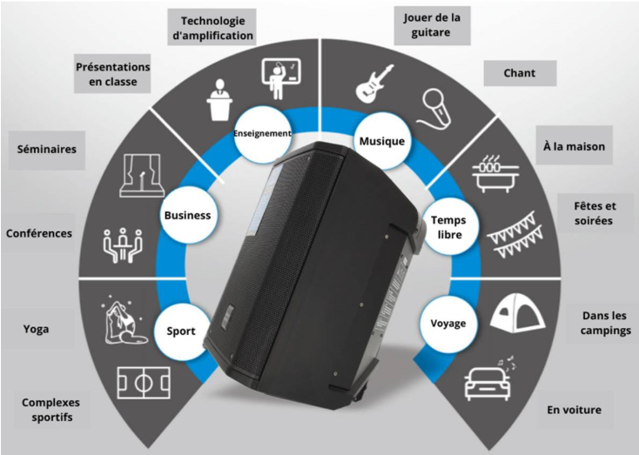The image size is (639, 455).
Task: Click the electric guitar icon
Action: click(374, 83)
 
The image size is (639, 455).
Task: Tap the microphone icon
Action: click(435, 107)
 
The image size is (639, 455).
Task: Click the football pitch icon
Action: click(144, 383)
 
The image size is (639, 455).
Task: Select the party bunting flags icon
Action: click(515, 235)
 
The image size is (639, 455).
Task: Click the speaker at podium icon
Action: click(219, 100)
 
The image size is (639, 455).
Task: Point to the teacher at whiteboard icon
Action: click(280, 78)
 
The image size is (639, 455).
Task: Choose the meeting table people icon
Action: click(122, 244)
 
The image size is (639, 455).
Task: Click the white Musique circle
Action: click(382, 141)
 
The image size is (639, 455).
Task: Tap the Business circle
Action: click(187, 215)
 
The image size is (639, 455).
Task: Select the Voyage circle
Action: click(448, 324)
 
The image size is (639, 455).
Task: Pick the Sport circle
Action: click(181, 331)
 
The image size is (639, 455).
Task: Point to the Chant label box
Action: click(520, 73)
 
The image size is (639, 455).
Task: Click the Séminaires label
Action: click(47, 150)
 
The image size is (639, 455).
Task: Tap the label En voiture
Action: click(575, 410)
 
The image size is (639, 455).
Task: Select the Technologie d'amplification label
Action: click(212, 28)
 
